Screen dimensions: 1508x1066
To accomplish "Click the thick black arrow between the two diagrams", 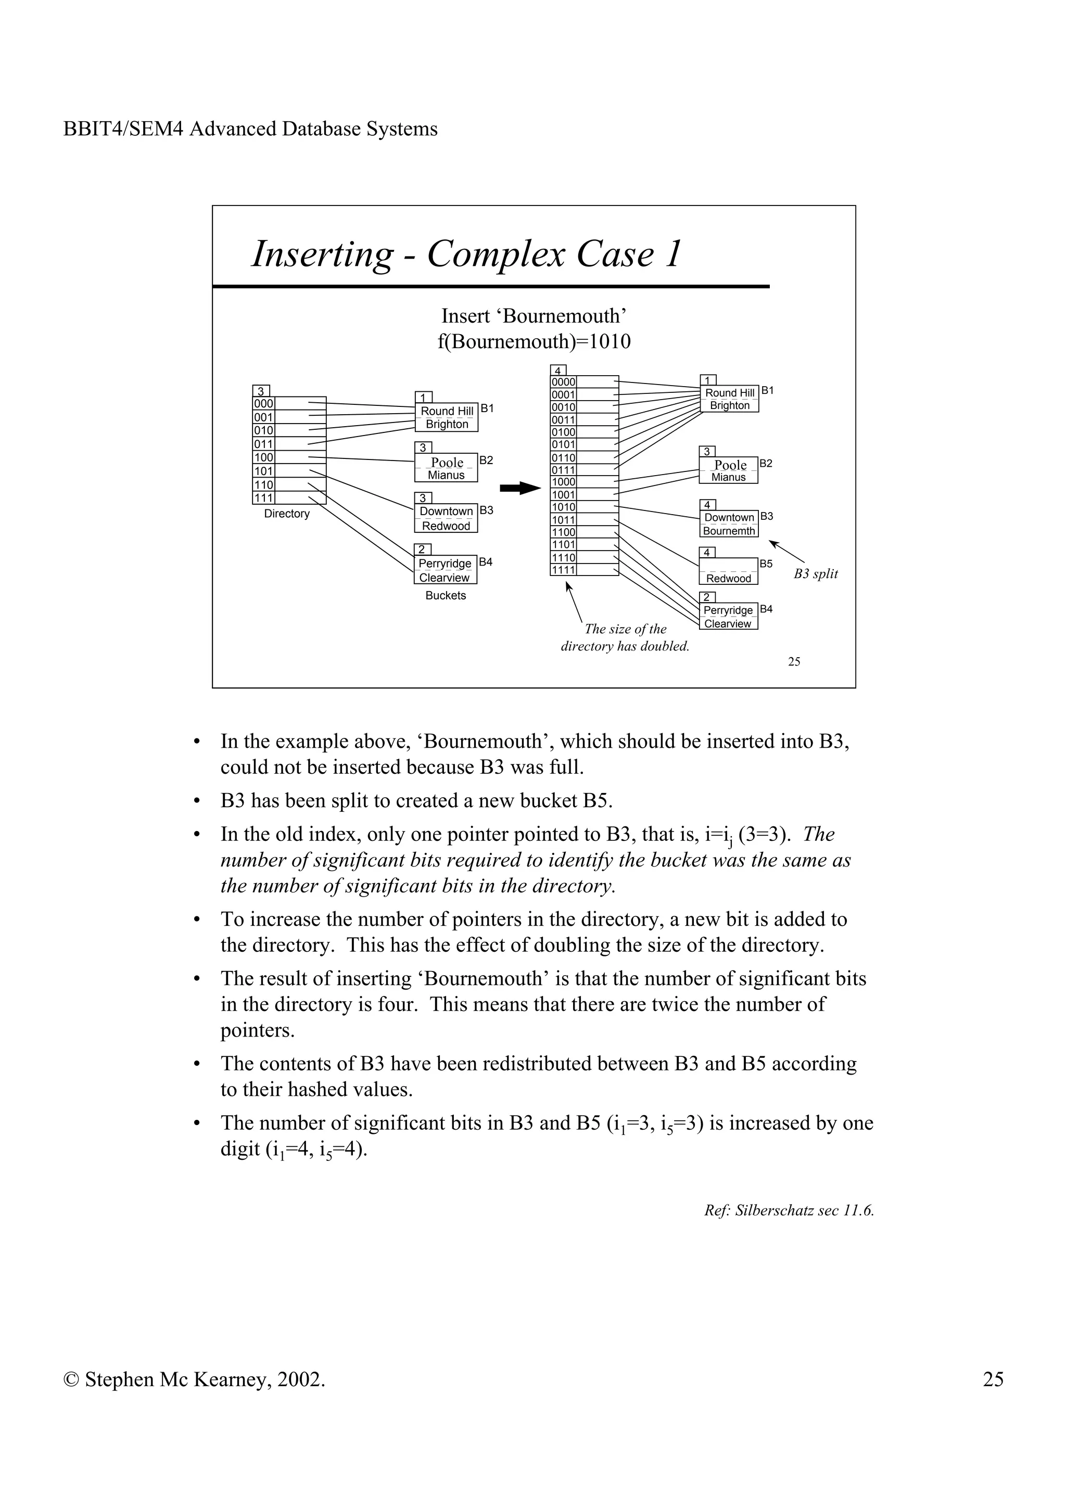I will (519, 488).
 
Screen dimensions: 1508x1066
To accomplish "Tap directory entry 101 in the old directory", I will (263, 471).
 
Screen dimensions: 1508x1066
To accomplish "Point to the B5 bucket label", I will (766, 564).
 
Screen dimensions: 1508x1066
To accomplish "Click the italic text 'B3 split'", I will (815, 573).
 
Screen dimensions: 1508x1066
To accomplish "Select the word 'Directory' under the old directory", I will (286, 514).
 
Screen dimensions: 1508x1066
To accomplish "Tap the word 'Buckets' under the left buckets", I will (446, 596).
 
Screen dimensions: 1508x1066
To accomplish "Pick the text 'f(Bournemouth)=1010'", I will (534, 341).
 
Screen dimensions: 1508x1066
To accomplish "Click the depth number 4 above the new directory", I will (557, 370).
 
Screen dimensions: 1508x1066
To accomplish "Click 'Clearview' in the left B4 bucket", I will (445, 578).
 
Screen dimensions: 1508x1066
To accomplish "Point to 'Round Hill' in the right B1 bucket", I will (729, 393).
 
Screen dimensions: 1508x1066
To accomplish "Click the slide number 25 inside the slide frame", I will (793, 661).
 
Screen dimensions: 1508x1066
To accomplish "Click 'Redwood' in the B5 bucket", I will (728, 579).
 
